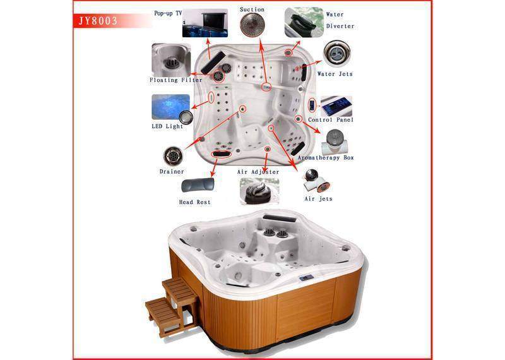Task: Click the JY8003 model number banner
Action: [x=98, y=21]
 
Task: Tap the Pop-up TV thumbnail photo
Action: [x=205, y=23]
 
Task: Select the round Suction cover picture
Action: [x=252, y=25]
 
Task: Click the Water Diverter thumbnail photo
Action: [x=304, y=22]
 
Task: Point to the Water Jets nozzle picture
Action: [x=337, y=54]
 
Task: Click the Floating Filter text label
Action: [x=176, y=80]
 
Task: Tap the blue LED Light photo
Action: [x=170, y=107]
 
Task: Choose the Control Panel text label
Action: [x=331, y=119]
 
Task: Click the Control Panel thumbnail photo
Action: [x=336, y=106]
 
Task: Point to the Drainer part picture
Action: [x=173, y=156]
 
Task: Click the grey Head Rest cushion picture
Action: [x=198, y=185]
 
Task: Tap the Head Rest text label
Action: [x=195, y=202]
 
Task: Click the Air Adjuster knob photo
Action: [x=259, y=192]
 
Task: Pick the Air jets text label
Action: [x=318, y=198]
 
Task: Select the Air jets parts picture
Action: [x=316, y=181]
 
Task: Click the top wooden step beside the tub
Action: [x=179, y=289]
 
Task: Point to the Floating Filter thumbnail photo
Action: [x=171, y=60]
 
